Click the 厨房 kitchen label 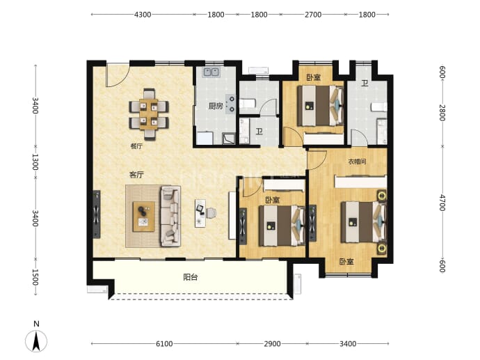pyautogui.click(x=216, y=107)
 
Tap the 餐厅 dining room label pyautogui.click(x=136, y=146)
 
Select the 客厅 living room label pyautogui.click(x=136, y=175)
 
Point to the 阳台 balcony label pyautogui.click(x=191, y=277)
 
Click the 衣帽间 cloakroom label pyautogui.click(x=357, y=162)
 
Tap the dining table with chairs pyautogui.click(x=149, y=114)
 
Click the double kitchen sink pyautogui.click(x=211, y=72)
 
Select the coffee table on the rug pyautogui.click(x=143, y=217)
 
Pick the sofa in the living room pyautogui.click(x=170, y=216)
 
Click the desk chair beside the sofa pyautogui.click(x=211, y=212)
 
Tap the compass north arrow pyautogui.click(x=36, y=341)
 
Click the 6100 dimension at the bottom pyautogui.click(x=164, y=344)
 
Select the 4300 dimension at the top pyautogui.click(x=143, y=15)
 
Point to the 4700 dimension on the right pyautogui.click(x=442, y=203)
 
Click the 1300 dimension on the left pyautogui.click(x=35, y=162)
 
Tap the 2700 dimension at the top pyautogui.click(x=313, y=15)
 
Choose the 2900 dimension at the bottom pyautogui.click(x=272, y=344)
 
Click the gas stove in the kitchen pyautogui.click(x=231, y=104)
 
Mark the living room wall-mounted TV pyautogui.click(x=97, y=214)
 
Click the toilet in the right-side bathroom pyautogui.click(x=379, y=107)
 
